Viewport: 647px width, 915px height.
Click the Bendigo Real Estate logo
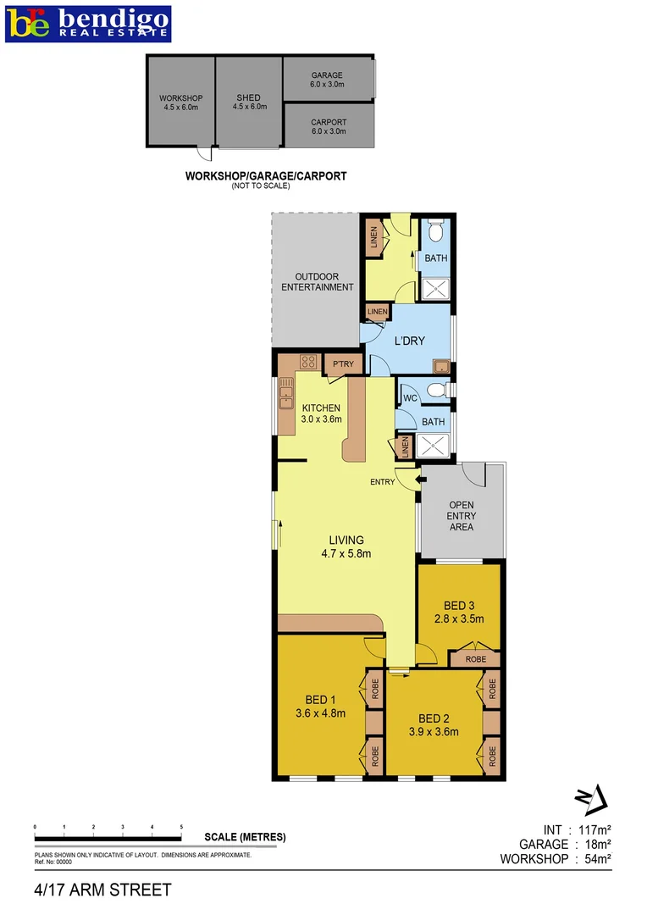(x=88, y=23)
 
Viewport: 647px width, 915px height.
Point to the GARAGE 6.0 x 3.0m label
(x=327, y=80)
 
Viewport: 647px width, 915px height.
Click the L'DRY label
(x=409, y=341)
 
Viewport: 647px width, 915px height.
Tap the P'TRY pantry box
(x=343, y=364)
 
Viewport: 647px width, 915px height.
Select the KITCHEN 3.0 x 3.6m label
(x=321, y=413)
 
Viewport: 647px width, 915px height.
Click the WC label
(x=408, y=397)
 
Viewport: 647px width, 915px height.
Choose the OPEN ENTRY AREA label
(x=462, y=516)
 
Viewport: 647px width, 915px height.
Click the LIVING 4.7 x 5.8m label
(x=346, y=546)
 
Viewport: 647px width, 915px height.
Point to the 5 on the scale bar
(x=181, y=826)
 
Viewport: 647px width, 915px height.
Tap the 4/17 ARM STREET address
(x=102, y=890)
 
